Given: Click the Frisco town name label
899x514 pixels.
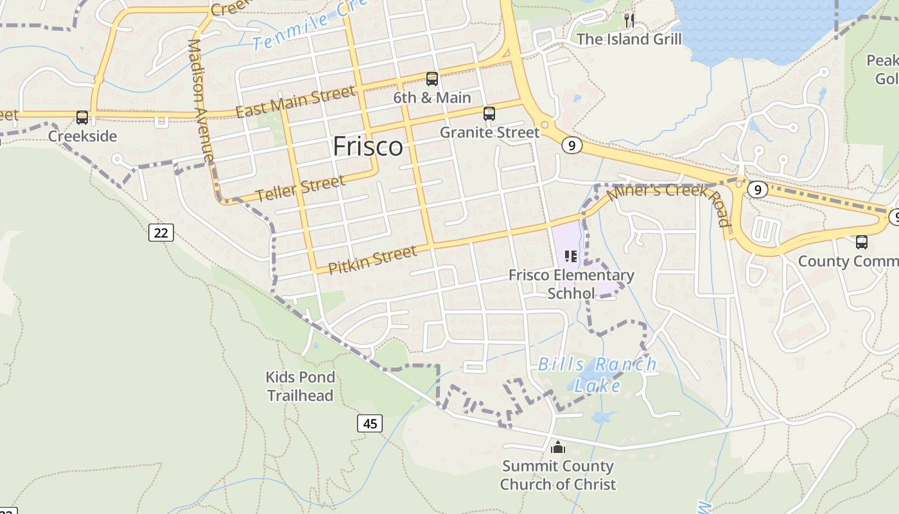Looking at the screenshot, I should click(368, 146).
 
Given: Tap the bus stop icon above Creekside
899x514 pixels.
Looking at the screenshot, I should click(82, 118).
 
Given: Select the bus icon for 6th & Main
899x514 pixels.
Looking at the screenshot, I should click(432, 79).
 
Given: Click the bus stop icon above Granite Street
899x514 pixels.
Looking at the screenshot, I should click(489, 114).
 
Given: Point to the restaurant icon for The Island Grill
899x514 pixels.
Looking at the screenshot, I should click(629, 21).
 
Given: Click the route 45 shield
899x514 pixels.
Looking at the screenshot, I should click(369, 423).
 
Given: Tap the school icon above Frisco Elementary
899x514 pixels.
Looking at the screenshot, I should click(571, 257).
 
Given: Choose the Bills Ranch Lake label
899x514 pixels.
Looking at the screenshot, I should click(597, 375).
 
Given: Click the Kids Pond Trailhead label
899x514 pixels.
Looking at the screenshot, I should click(301, 386).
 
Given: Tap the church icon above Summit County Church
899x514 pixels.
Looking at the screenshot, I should click(558, 447).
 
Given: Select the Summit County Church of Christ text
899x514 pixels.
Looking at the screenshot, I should click(558, 475).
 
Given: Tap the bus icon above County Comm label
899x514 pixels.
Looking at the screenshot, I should click(862, 242).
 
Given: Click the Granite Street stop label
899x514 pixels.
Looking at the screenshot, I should click(489, 132).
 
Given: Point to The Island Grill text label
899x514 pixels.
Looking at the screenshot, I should click(629, 39).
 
